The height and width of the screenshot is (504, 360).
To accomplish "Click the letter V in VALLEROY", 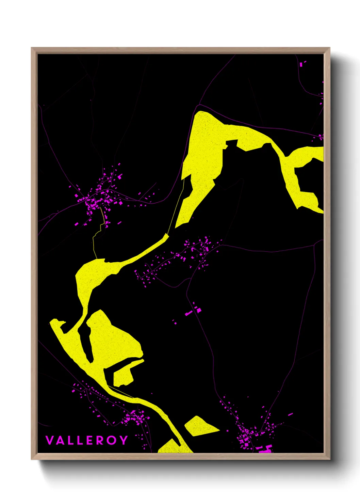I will point(50,440).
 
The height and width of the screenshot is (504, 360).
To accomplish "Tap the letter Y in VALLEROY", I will point(123,440).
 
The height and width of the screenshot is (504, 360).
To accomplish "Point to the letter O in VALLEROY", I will point(111,440).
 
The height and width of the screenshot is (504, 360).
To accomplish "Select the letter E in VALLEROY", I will point(89,440).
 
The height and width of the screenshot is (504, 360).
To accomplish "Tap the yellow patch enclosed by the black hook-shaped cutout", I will point(124,375).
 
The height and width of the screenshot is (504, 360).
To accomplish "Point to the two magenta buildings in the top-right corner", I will point(303,63).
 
